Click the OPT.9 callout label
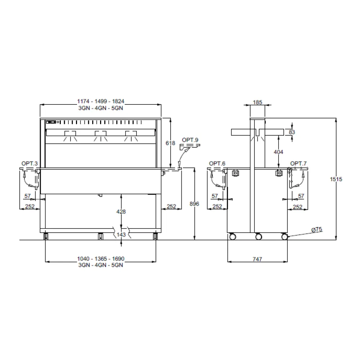point(190,140)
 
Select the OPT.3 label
point(30,163)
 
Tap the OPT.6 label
point(217,163)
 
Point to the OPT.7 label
point(298,163)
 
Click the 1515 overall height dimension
point(336,179)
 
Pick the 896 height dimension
point(194,204)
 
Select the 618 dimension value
point(170,143)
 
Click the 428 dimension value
point(121,211)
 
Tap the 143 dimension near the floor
point(121,234)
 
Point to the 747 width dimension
point(257,259)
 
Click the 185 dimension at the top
point(257,102)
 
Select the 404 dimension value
point(278,152)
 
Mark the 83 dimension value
point(292,132)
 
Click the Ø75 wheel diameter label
point(317,229)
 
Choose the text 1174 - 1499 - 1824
point(100,101)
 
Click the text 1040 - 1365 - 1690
point(100,258)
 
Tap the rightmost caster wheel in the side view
point(284,237)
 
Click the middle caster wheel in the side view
point(258,237)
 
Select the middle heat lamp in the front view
point(100,136)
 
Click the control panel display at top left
point(51,122)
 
